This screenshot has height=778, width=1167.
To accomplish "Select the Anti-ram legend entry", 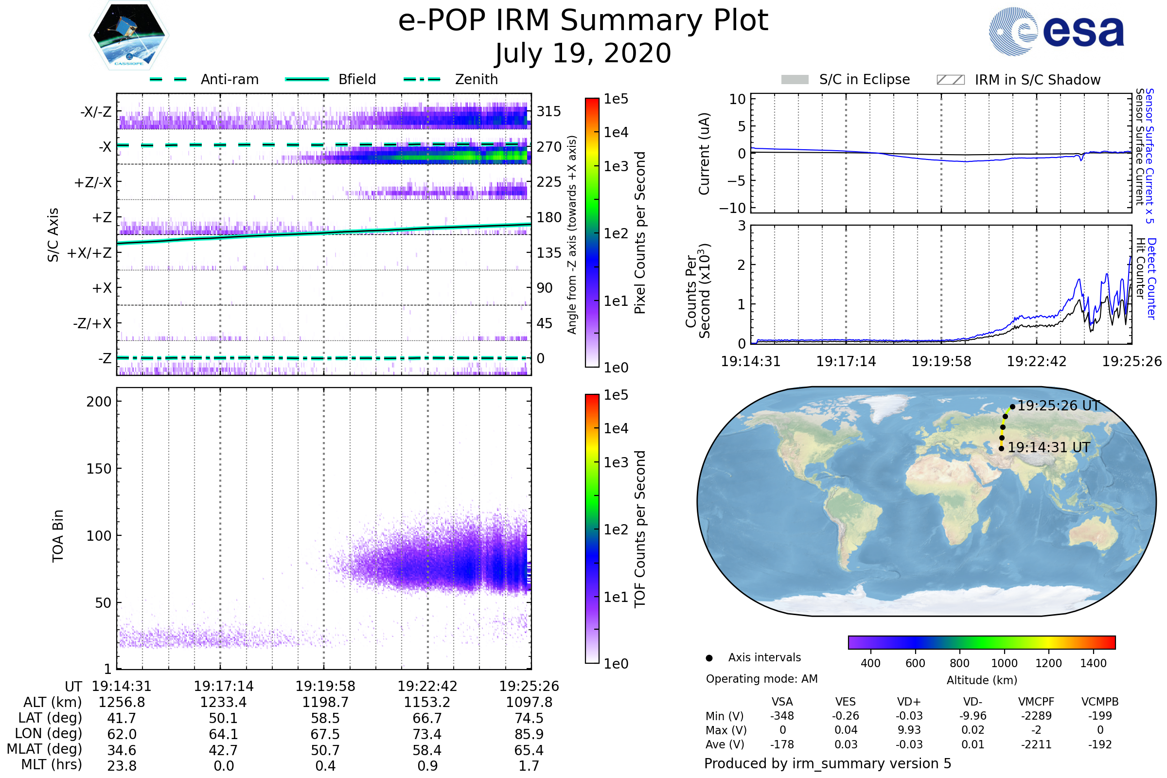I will [204, 79].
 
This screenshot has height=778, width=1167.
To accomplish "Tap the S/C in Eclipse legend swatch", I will [795, 80].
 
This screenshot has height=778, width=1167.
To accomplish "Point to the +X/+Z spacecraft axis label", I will [89, 253].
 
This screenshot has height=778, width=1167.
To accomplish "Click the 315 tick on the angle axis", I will [549, 111].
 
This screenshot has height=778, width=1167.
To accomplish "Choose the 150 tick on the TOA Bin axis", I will [99, 469].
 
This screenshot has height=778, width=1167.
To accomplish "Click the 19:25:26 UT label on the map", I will [1059, 406].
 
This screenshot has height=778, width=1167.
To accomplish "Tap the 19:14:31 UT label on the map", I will [1048, 447].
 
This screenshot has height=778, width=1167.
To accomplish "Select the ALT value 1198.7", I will [325, 703].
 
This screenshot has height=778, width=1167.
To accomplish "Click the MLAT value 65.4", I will [529, 750].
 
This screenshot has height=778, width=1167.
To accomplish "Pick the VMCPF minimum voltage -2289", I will [1036, 716].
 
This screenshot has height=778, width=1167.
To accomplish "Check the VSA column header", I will [782, 702].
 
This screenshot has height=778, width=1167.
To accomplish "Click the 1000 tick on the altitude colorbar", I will [1004, 663].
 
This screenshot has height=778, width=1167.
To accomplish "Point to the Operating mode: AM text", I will [761, 679].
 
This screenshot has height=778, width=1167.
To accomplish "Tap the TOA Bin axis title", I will [58, 536].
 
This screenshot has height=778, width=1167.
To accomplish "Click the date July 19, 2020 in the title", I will [583, 53].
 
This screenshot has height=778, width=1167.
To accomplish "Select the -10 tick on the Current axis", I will [733, 208].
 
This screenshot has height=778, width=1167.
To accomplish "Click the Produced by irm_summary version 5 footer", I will [828, 763].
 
